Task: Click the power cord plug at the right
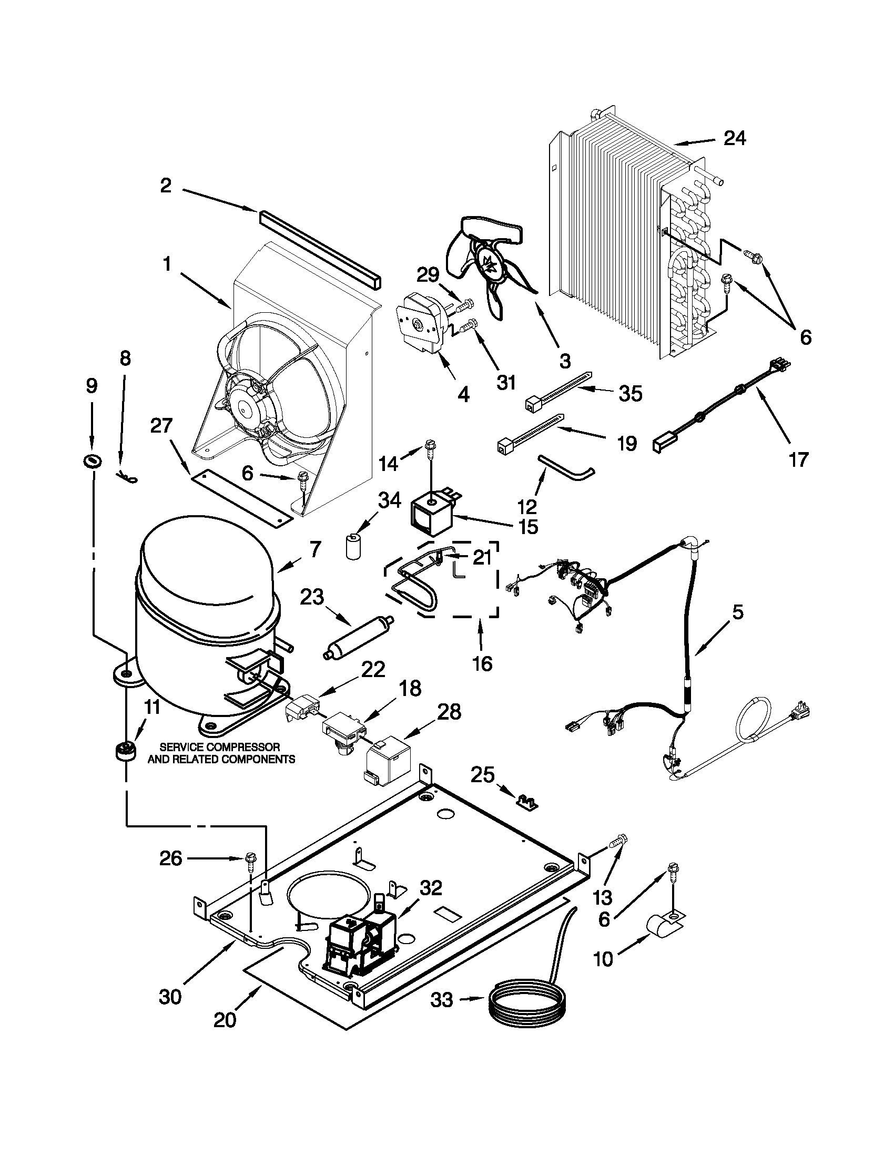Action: pyautogui.click(x=796, y=715)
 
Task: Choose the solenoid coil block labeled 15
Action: pyautogui.click(x=430, y=517)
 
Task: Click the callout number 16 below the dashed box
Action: pyautogui.click(x=481, y=663)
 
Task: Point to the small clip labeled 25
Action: pyautogui.click(x=527, y=803)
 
